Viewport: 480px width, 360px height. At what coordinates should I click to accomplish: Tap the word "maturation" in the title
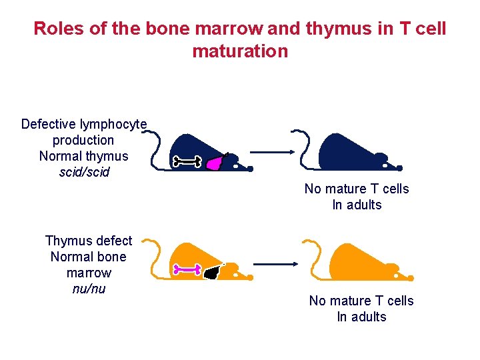point(240,51)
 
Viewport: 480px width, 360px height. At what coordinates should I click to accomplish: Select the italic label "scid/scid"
point(83,173)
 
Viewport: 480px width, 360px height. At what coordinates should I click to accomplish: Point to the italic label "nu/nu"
point(89,289)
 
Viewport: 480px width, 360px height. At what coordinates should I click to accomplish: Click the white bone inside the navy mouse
point(187,161)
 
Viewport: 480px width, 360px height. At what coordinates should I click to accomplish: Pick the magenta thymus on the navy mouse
point(215,162)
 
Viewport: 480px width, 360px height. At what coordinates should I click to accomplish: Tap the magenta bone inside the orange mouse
point(187,270)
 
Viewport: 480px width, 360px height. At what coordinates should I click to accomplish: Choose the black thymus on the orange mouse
point(213,271)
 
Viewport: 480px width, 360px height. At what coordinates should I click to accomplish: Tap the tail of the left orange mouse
point(156,260)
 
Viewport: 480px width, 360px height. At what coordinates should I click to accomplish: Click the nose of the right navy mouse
point(400,168)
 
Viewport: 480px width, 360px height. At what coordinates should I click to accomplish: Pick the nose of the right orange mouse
point(411,277)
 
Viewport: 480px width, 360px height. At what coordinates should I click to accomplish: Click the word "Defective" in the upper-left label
point(49,125)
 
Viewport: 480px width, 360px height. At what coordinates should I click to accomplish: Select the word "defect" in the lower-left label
point(113,241)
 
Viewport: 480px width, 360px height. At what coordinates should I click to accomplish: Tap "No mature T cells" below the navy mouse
point(357,189)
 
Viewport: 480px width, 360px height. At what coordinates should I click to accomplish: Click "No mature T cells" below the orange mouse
point(361,301)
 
